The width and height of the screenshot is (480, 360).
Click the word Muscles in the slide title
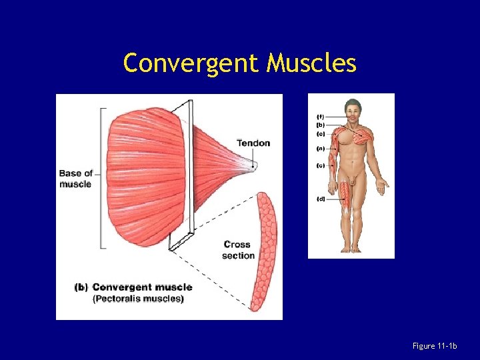(x=311, y=63)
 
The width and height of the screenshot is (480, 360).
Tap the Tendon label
(x=253, y=143)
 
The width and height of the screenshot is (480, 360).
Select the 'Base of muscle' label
(x=75, y=179)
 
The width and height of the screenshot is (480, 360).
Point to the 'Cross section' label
(x=238, y=250)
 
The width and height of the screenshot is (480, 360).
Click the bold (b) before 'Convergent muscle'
(x=81, y=287)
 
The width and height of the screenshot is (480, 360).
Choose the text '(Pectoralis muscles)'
(x=138, y=299)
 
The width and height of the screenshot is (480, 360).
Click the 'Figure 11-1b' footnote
(x=435, y=345)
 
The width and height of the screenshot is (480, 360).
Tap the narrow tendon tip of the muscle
(x=253, y=162)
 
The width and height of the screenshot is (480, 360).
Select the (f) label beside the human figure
(x=320, y=117)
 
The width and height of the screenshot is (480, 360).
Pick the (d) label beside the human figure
(x=320, y=199)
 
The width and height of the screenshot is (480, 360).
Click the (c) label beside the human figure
(x=320, y=166)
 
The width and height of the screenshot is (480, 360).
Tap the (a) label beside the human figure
(x=320, y=149)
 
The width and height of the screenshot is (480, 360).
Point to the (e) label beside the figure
(x=320, y=133)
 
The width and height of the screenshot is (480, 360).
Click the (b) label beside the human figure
(x=320, y=125)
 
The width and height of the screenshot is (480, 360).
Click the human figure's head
(x=352, y=110)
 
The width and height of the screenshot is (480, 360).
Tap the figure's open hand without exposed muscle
(x=382, y=183)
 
